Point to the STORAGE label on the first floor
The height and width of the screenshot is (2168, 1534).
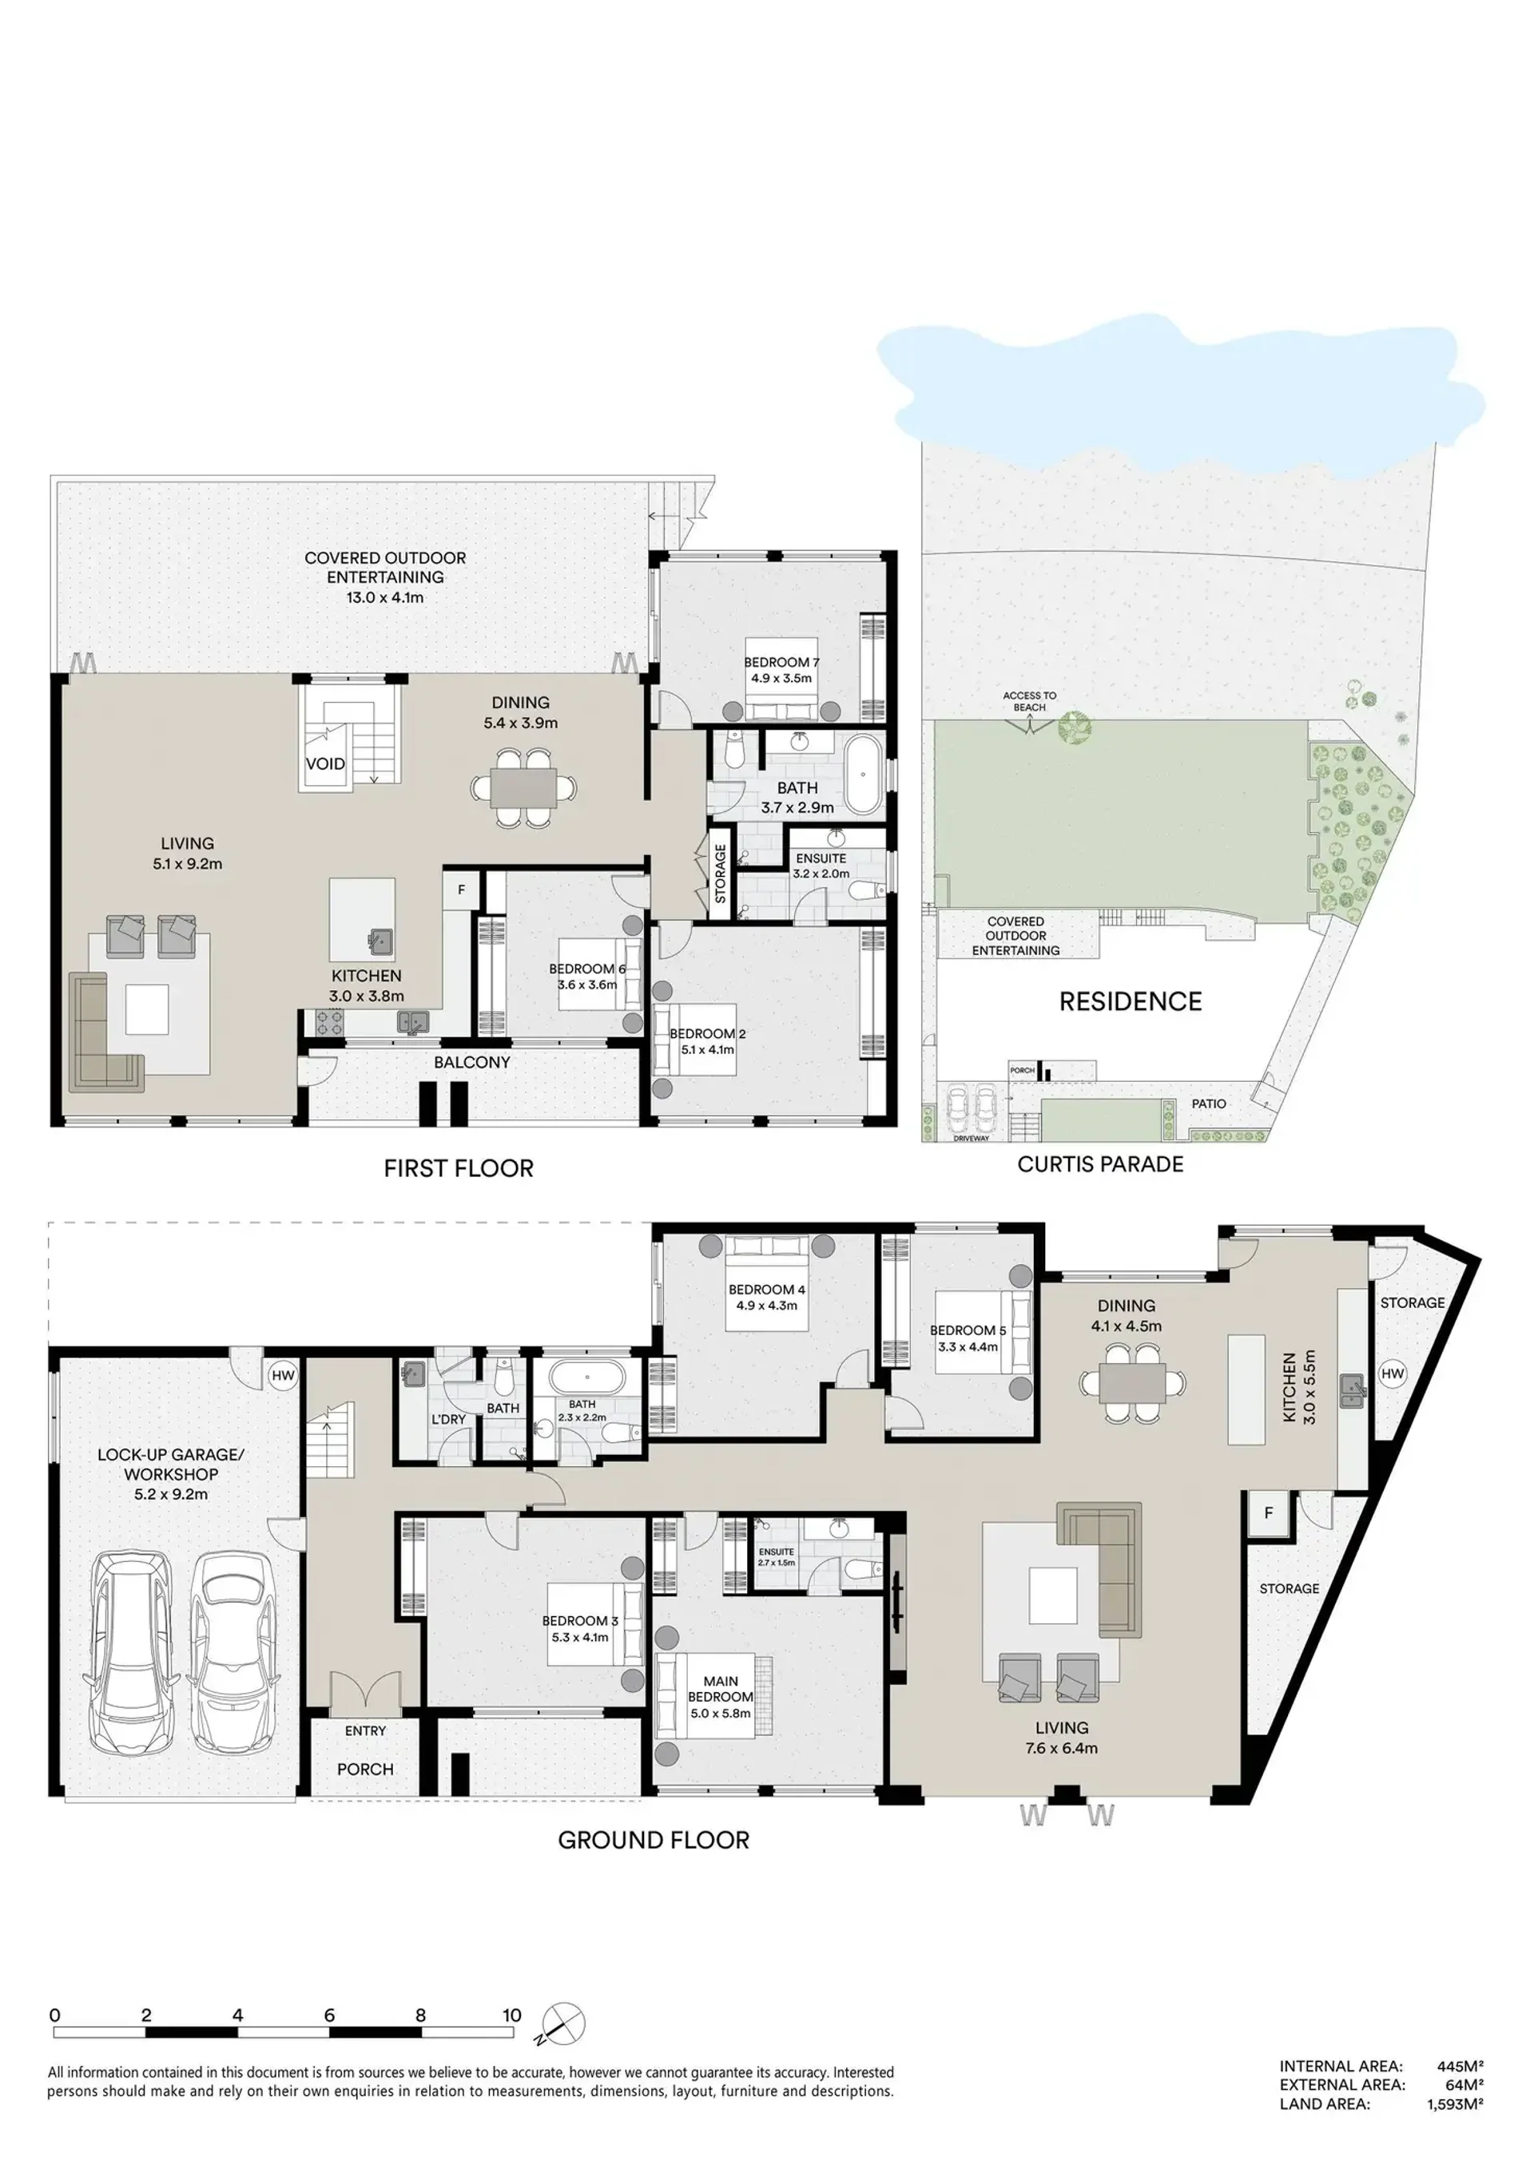pos(720,874)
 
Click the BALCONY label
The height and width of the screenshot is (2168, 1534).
pos(472,1062)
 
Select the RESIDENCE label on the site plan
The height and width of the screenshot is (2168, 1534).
pos(1131,1002)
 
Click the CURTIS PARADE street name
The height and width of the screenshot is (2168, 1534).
pos(1100,1164)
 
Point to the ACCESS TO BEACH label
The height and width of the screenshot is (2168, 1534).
pos(1030,702)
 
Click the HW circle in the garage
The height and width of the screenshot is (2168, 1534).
pos(284,1376)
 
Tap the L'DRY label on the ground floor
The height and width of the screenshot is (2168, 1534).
pos(449,1419)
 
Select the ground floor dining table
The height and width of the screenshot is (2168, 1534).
pos(1133,1385)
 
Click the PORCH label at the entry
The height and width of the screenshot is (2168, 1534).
pos(366,1770)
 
